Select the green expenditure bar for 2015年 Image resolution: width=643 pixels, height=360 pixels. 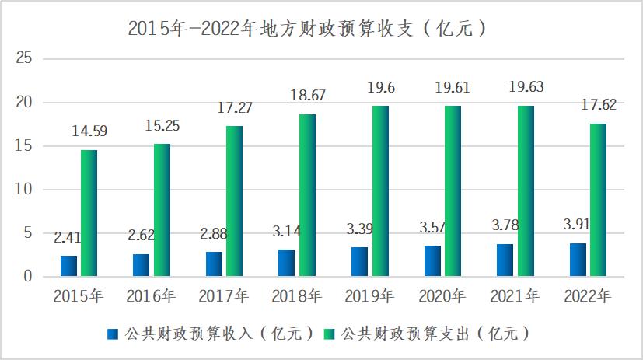pos(89,213)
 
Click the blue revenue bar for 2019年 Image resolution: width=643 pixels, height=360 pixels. pos(359,261)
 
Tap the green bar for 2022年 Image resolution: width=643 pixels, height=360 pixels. pos(598,199)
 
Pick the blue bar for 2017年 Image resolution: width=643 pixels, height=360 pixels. pos(214,264)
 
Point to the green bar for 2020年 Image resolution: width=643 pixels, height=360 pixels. pos(453,190)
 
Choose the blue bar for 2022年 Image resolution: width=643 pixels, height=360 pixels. pos(578,260)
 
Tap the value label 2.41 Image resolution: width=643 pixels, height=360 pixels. pos(69,237)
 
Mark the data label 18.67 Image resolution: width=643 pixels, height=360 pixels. pos(307,96)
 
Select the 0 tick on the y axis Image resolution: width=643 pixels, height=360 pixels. pos(27,276)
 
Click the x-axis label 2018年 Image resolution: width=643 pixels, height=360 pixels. pos(298,296)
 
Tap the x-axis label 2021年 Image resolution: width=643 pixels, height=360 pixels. pos(516,296)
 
